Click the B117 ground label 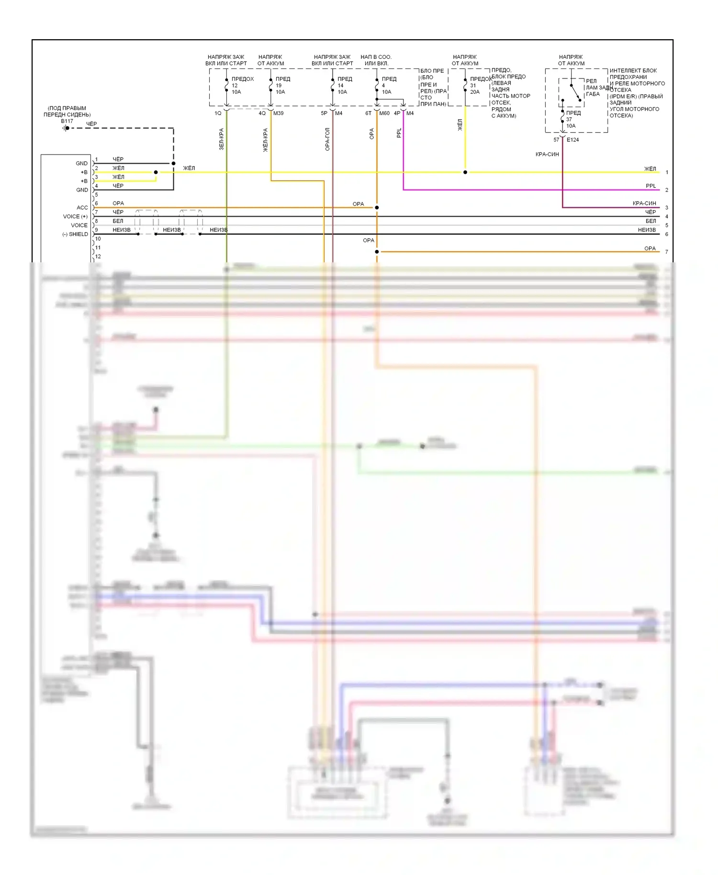point(67,121)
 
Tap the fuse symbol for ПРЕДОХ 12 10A point(226,85)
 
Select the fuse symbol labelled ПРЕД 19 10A point(271,85)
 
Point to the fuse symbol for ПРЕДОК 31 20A point(465,85)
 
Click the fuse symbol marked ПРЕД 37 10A point(562,119)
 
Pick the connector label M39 point(278,113)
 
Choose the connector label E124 point(572,140)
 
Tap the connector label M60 point(384,113)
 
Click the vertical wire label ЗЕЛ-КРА point(222,139)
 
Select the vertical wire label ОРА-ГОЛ point(328,139)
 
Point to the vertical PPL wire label point(399,133)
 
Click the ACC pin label point(82,208)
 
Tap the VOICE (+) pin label point(75,216)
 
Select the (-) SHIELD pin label point(75,234)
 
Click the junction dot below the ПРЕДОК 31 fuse point(465,172)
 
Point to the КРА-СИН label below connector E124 point(547,154)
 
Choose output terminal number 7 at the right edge point(667,252)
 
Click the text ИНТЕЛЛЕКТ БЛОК point(633,70)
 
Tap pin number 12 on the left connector point(98,257)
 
